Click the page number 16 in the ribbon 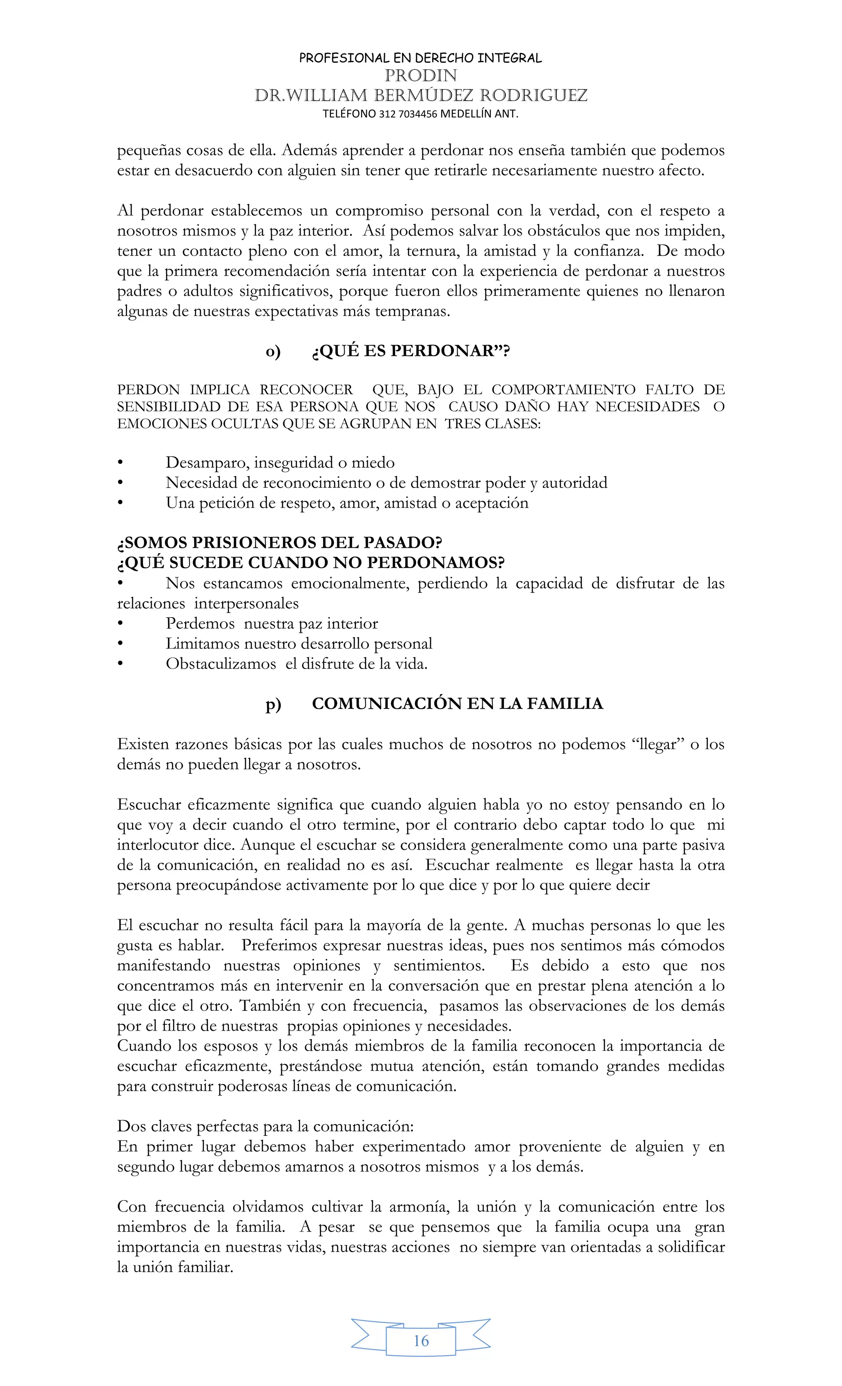421,1340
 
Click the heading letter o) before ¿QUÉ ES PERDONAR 273,352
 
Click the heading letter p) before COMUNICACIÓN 273,704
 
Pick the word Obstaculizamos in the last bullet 221,664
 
